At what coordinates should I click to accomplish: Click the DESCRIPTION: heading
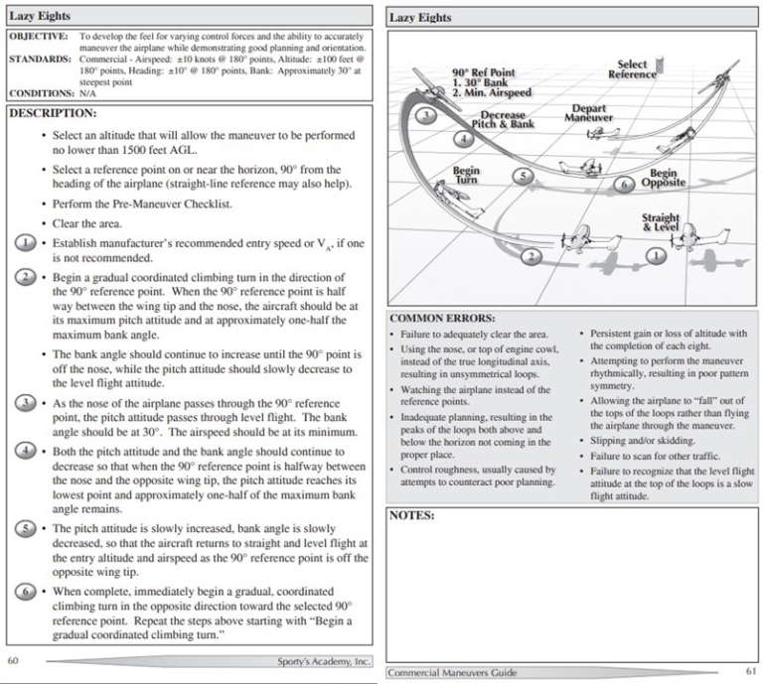52,113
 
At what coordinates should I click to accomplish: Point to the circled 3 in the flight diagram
426,116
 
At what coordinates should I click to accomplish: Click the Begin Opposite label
663,178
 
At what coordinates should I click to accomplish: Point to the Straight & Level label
661,222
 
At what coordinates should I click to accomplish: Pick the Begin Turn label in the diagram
466,176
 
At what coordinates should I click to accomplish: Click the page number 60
14,660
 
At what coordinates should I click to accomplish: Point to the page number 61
750,672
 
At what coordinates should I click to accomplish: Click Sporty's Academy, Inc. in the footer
324,660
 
